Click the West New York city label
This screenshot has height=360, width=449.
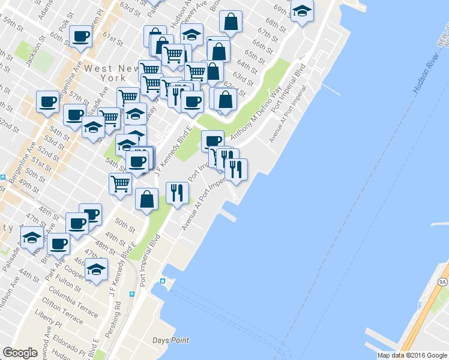tap(106, 73)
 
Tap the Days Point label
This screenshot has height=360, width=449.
tap(170, 340)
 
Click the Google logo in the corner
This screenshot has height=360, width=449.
tap(20, 353)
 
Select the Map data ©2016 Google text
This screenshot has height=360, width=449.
tap(412, 355)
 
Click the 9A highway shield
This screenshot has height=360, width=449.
tap(443, 281)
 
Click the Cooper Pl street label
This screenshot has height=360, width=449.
tap(71, 270)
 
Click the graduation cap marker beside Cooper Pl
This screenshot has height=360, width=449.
tap(96, 269)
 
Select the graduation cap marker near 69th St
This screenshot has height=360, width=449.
tap(302, 10)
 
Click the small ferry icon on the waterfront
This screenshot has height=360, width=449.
tap(162, 281)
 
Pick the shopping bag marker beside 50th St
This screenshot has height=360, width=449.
tap(146, 199)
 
